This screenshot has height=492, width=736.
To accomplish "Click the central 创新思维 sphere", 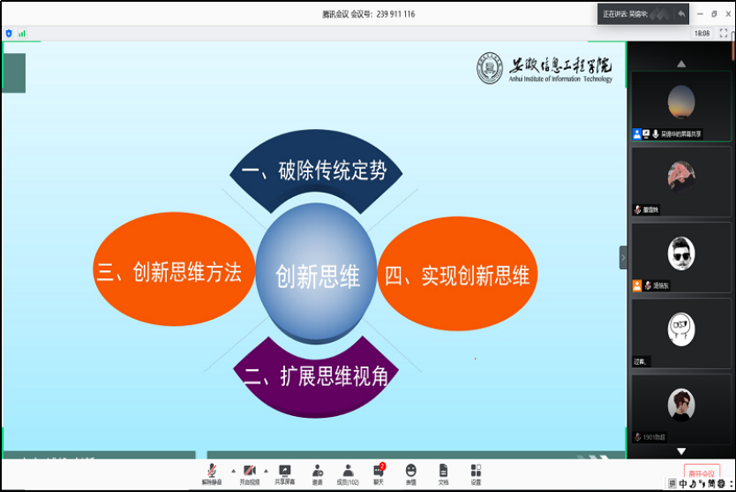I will click(318, 274).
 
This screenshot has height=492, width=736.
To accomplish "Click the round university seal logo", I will click(490, 70).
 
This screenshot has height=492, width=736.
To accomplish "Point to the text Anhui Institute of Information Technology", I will click(560, 79).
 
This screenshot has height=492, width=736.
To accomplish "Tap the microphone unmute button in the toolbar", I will click(212, 473).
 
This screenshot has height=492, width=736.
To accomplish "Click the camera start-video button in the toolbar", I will click(250, 473).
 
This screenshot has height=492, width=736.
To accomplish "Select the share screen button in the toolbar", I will click(285, 473).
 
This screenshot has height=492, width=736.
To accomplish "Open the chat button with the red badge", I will click(379, 473).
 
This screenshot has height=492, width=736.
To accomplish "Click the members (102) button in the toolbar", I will click(348, 473).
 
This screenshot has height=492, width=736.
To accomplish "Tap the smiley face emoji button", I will click(411, 473).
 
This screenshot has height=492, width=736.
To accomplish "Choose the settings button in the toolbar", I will click(476, 473).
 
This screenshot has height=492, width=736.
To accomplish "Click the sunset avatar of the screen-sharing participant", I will click(680, 102).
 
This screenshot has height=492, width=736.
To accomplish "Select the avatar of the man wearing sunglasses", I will click(680, 254).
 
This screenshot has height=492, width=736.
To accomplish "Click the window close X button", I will click(726, 14).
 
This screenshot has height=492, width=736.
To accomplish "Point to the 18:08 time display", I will click(702, 33).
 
